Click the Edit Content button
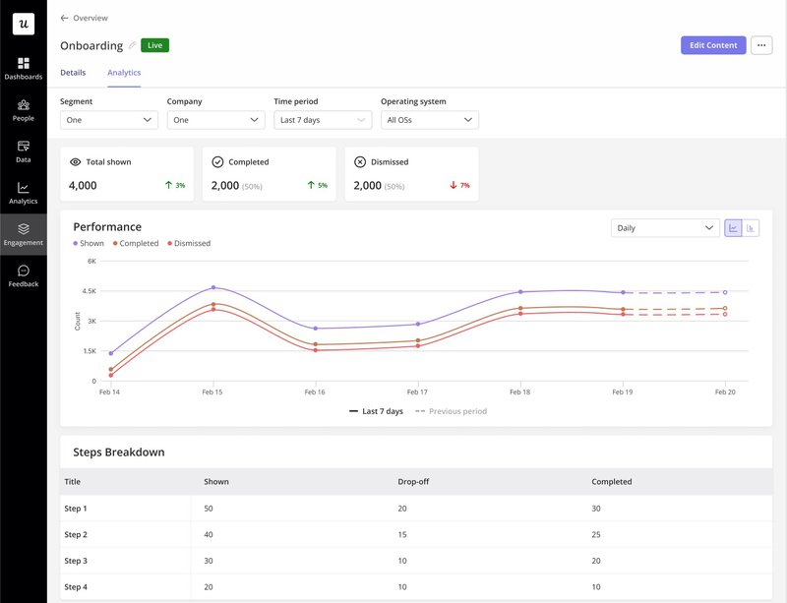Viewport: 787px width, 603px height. (x=712, y=45)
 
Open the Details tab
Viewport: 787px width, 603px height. (x=73, y=73)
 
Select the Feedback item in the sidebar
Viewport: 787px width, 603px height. (x=24, y=275)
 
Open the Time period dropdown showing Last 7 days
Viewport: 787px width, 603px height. (x=323, y=120)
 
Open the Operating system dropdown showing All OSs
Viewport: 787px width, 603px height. (x=429, y=120)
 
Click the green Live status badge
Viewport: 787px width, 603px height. (x=154, y=45)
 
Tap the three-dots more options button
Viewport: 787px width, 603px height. (x=761, y=45)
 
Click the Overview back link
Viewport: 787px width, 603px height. (x=85, y=18)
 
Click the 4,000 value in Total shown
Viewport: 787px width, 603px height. (x=83, y=185)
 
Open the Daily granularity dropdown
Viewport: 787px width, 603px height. (x=665, y=228)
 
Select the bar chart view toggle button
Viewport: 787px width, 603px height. (x=751, y=228)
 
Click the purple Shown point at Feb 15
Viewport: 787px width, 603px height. (x=213, y=288)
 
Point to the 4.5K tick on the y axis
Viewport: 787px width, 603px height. (x=89, y=291)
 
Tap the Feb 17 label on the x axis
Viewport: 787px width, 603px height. (x=417, y=392)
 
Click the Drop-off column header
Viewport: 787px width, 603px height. (x=413, y=482)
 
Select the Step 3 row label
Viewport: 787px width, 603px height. (x=76, y=561)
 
